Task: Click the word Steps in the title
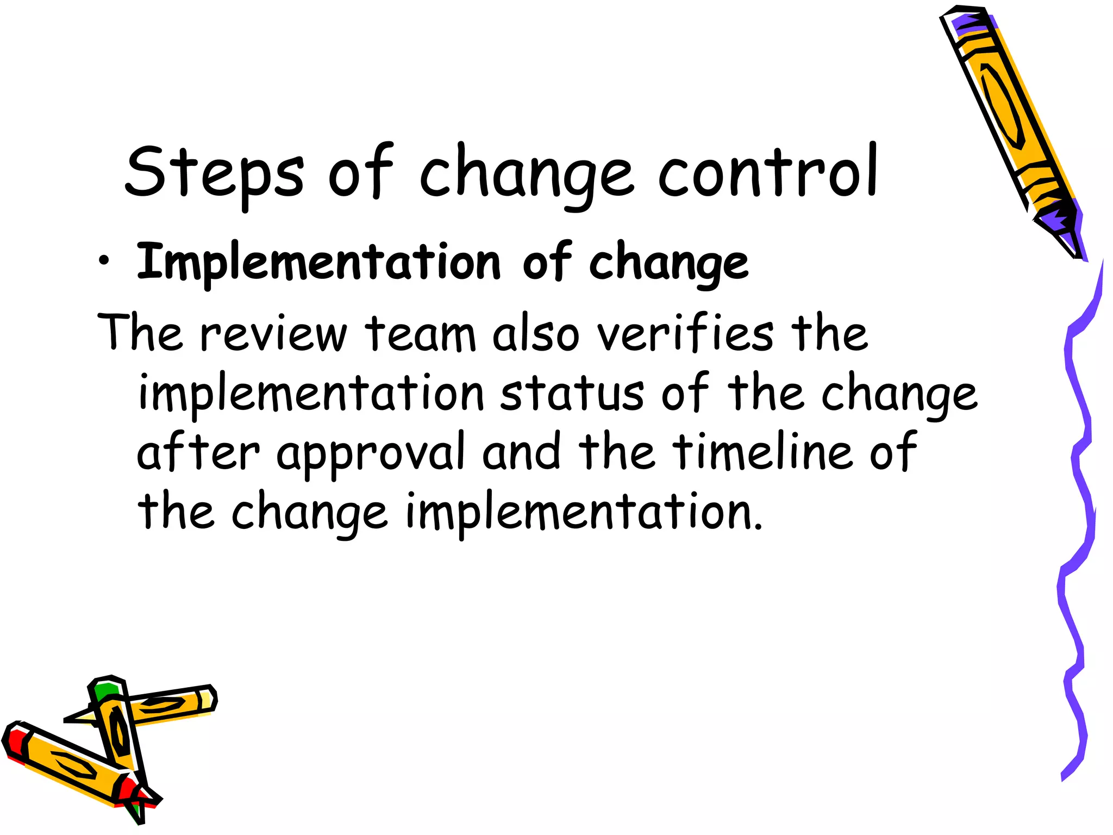[x=214, y=173]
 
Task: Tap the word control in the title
[x=767, y=171]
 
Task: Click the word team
[x=420, y=333]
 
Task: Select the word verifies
[x=685, y=332]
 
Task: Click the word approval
[x=371, y=453]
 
